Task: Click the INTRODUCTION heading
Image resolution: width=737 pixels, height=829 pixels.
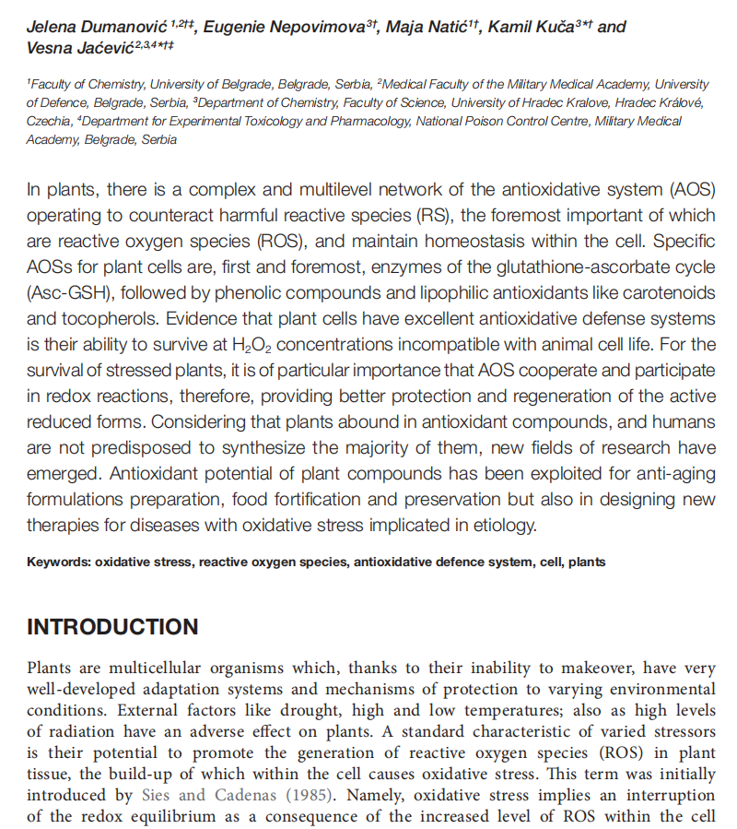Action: coord(112,628)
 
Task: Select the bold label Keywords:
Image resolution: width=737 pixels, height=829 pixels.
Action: coord(59,562)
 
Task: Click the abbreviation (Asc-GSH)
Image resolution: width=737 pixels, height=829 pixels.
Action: coord(65,294)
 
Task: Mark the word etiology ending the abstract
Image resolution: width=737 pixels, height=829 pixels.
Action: coord(504,527)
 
